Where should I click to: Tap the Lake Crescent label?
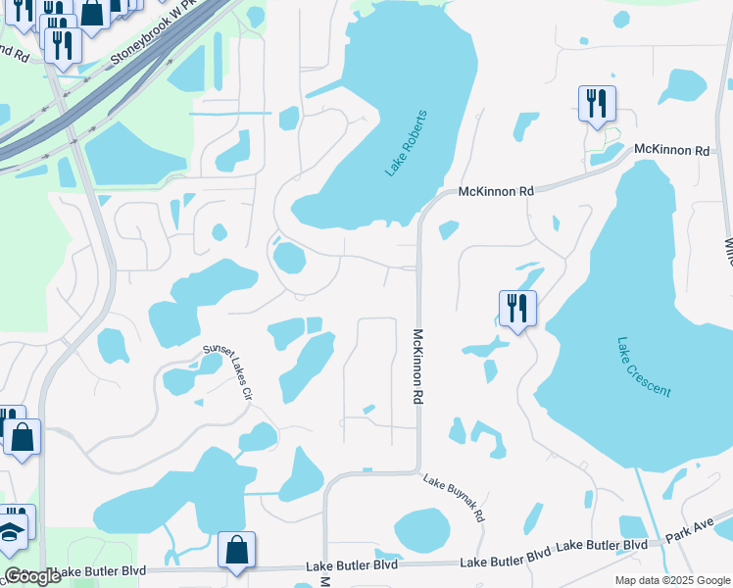pyautogui.click(x=644, y=367)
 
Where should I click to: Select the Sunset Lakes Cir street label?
pyautogui.click(x=227, y=369)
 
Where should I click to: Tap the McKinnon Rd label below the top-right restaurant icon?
pyautogui.click(x=671, y=150)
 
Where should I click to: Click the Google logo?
pyautogui.click(x=31, y=576)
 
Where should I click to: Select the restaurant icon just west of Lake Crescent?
pyautogui.click(x=516, y=309)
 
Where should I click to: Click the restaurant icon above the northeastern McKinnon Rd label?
pyautogui.click(x=597, y=103)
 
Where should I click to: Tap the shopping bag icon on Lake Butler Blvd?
pyautogui.click(x=236, y=551)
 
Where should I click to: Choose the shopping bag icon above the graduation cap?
pyautogui.click(x=22, y=437)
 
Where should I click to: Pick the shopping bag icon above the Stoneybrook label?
pyautogui.click(x=92, y=12)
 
